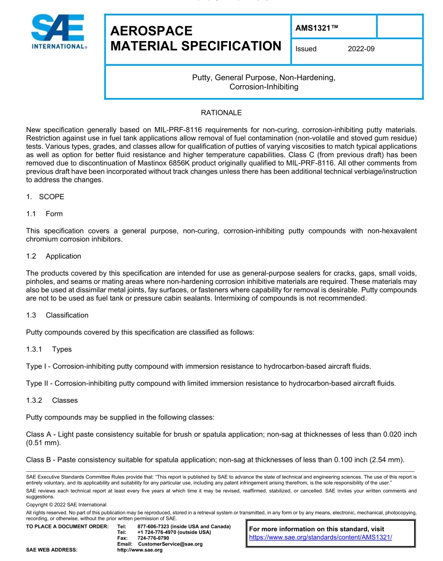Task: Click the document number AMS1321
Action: (316, 28)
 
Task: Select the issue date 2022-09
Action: (361, 49)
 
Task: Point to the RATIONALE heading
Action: (221, 113)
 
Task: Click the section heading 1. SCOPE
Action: (45, 196)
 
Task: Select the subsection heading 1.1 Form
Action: (44, 214)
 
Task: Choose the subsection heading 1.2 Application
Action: (54, 256)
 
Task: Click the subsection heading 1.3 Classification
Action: (57, 315)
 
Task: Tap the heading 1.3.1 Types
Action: (49, 349)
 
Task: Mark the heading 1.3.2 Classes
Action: (52, 400)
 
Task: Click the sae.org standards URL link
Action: (320, 537)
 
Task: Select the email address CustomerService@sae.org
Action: (170, 544)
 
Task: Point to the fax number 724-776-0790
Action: (153, 538)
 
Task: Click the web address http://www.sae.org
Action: (140, 550)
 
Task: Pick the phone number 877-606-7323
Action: (153, 526)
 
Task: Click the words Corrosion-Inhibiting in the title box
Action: (263, 87)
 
